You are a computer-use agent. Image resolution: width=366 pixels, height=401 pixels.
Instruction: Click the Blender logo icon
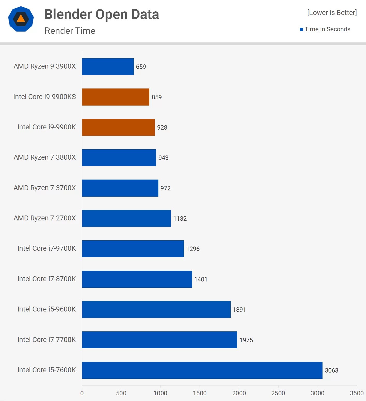click(21, 19)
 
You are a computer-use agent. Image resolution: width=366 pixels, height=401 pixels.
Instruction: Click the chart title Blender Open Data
click(101, 14)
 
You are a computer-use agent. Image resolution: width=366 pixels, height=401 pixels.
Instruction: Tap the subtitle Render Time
click(70, 31)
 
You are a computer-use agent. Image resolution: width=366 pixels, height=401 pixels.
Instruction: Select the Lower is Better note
click(332, 13)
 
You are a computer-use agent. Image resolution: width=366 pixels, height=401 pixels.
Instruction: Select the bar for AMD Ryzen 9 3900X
click(108, 66)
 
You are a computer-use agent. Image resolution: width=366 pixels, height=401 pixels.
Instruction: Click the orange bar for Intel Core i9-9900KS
click(115, 97)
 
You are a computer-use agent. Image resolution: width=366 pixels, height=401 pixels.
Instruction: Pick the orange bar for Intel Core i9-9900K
click(118, 127)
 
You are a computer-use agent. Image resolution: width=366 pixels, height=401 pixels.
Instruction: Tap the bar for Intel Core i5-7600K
click(202, 370)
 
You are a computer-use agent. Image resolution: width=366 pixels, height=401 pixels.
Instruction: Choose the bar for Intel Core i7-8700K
click(137, 279)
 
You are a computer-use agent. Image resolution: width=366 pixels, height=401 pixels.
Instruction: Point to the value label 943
click(163, 158)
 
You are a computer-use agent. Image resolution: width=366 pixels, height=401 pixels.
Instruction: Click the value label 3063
click(331, 370)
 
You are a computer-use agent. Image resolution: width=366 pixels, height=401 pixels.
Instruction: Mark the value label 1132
click(180, 219)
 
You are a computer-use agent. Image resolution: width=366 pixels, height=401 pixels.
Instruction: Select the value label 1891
click(239, 310)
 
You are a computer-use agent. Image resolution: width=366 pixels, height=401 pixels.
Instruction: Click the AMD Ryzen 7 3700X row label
click(45, 188)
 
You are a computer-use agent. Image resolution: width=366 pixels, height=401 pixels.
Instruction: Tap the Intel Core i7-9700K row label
click(46, 248)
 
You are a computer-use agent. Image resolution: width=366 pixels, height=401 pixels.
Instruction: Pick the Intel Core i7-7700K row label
click(46, 340)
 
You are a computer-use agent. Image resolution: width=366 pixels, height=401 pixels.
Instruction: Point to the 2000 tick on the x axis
click(239, 393)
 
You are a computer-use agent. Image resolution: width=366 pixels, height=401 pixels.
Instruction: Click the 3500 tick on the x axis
click(357, 393)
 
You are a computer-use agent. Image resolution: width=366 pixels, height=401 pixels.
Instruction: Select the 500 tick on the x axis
click(121, 393)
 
